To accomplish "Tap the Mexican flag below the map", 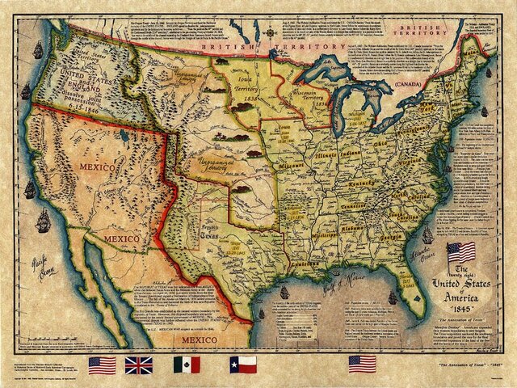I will tap(186, 365).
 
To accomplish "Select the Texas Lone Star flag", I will tap(242, 365).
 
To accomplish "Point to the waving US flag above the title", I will tap(460, 252).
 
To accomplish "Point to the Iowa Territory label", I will tap(245, 86).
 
